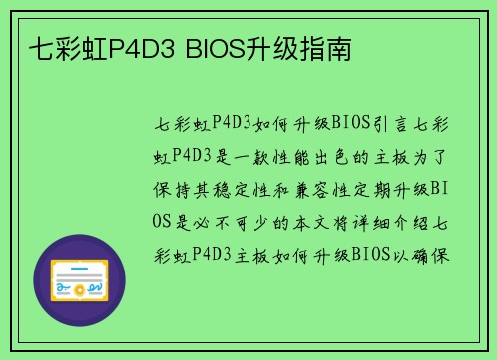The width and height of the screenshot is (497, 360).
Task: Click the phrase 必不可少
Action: [x=232, y=220]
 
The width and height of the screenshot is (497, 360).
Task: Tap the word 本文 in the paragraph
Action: [x=306, y=220]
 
